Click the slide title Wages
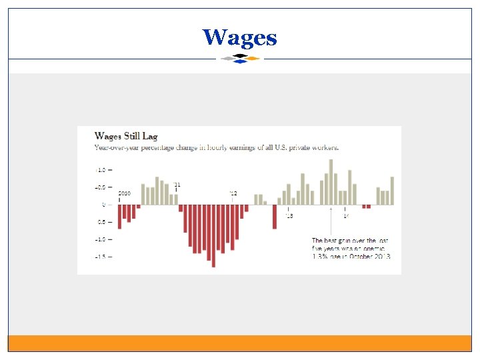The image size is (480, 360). pyautogui.click(x=240, y=37)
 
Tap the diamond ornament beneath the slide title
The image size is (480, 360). pyautogui.click(x=240, y=59)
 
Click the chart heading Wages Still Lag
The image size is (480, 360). pyautogui.click(x=126, y=136)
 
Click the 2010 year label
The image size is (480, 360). pyautogui.click(x=124, y=193)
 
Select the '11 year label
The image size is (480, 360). pyautogui.click(x=177, y=185)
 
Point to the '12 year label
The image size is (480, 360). pyautogui.click(x=233, y=193)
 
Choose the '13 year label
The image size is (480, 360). pyautogui.click(x=289, y=216)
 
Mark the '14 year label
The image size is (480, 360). pyautogui.click(x=345, y=216)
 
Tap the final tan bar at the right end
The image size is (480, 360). pyautogui.click(x=392, y=191)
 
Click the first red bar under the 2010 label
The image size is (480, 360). pyautogui.click(x=119, y=217)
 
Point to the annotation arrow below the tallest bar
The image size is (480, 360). pyautogui.click(x=331, y=220)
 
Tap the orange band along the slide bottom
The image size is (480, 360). pyautogui.click(x=240, y=343)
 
